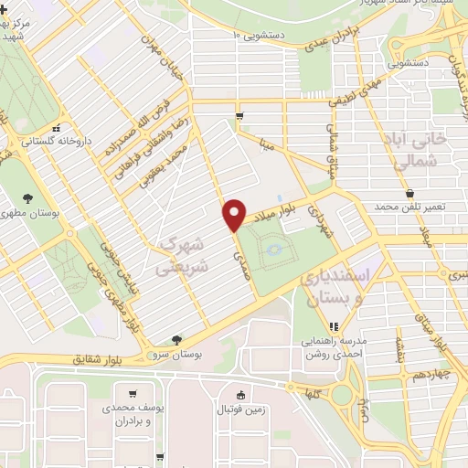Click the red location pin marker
coord(234,214)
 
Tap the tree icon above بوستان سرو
coord(188,339)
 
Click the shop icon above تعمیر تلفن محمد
coord(409,193)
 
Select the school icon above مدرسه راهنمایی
coord(334,325)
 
